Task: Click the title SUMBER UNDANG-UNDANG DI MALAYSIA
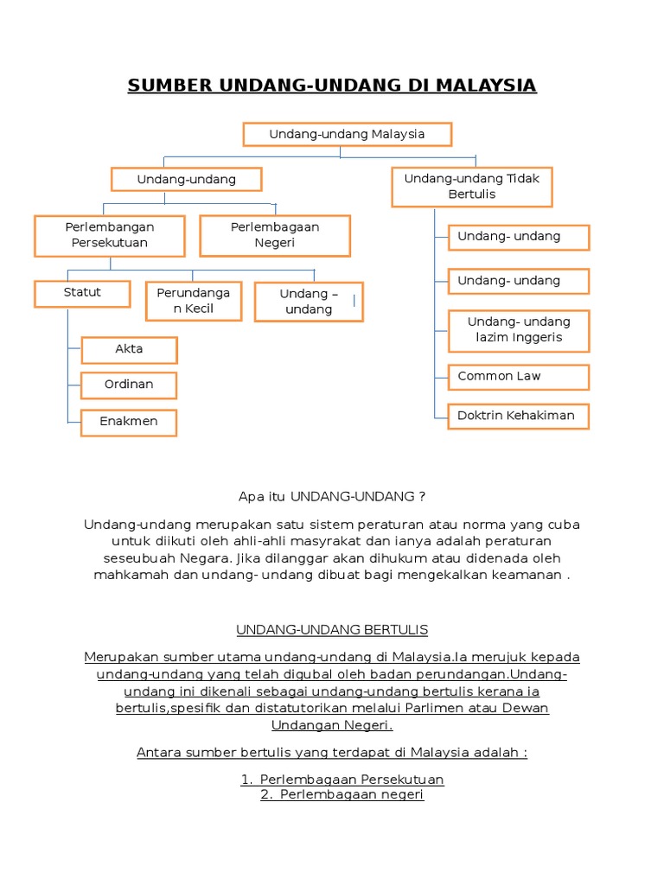tap(332, 86)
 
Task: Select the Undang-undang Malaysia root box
tap(347, 135)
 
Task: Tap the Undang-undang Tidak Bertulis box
tap(472, 187)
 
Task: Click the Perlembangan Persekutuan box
tap(110, 235)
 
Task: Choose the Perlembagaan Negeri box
tap(275, 235)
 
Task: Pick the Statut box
tap(82, 293)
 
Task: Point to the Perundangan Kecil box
tap(194, 301)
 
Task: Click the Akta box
tap(129, 350)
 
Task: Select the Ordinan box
tap(129, 385)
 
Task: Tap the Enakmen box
tap(129, 422)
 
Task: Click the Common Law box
tap(519, 377)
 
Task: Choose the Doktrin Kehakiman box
tap(519, 416)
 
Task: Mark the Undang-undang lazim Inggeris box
tap(519, 330)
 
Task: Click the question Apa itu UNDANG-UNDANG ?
tap(332, 497)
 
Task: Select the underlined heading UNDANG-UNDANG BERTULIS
tap(332, 630)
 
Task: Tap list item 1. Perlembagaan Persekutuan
tap(342, 780)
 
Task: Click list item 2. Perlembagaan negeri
tap(342, 795)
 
